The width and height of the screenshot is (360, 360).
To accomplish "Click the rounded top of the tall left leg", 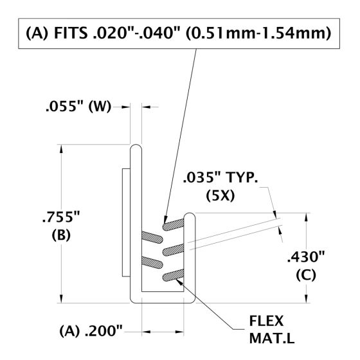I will point(136,149).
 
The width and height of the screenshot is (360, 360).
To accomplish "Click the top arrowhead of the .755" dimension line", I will point(62,148).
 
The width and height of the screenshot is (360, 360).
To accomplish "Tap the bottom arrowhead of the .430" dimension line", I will point(305,299).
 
